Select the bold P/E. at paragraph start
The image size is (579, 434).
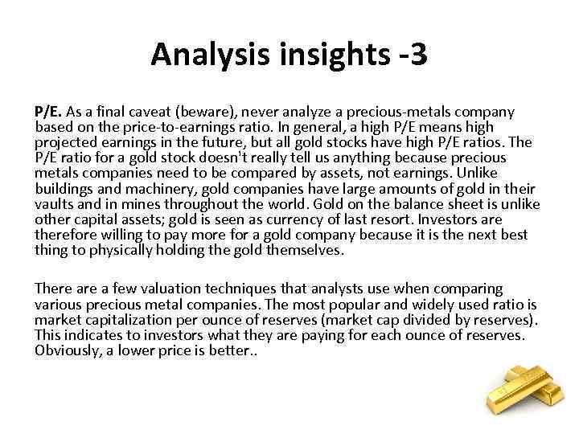(47, 112)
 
